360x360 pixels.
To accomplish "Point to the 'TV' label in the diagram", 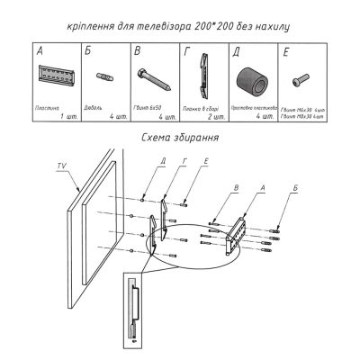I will (x=61, y=166).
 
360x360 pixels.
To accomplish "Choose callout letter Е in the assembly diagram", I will (x=182, y=163).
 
